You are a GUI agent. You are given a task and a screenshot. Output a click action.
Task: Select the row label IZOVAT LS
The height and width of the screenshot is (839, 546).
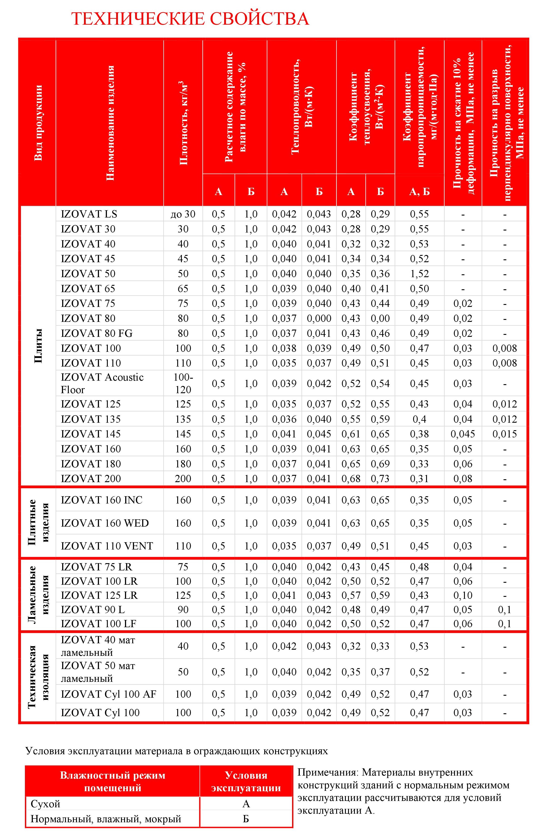tap(89, 214)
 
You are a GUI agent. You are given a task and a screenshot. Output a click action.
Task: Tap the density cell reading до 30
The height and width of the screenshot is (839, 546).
tap(183, 214)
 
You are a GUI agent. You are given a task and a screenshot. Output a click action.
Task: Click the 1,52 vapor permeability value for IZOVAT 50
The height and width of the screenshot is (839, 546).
tap(419, 274)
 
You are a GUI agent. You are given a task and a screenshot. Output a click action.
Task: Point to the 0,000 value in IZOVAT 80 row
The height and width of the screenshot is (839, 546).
tap(319, 318)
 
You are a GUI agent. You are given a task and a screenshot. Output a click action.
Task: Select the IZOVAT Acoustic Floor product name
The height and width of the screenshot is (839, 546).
tap(102, 383)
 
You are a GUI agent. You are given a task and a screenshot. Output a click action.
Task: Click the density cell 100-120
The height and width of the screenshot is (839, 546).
tap(183, 383)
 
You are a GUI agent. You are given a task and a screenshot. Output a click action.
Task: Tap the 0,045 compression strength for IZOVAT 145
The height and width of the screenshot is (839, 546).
tap(463, 434)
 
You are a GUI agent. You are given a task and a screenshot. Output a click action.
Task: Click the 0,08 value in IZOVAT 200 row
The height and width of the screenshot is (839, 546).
tap(463, 479)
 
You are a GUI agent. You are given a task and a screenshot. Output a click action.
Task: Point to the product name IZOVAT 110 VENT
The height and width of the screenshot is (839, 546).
tap(107, 546)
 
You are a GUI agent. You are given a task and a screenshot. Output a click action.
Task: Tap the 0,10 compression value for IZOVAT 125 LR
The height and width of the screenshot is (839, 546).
tap(463, 596)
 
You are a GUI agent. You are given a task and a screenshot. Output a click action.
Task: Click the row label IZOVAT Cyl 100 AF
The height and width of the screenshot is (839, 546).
tap(108, 694)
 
